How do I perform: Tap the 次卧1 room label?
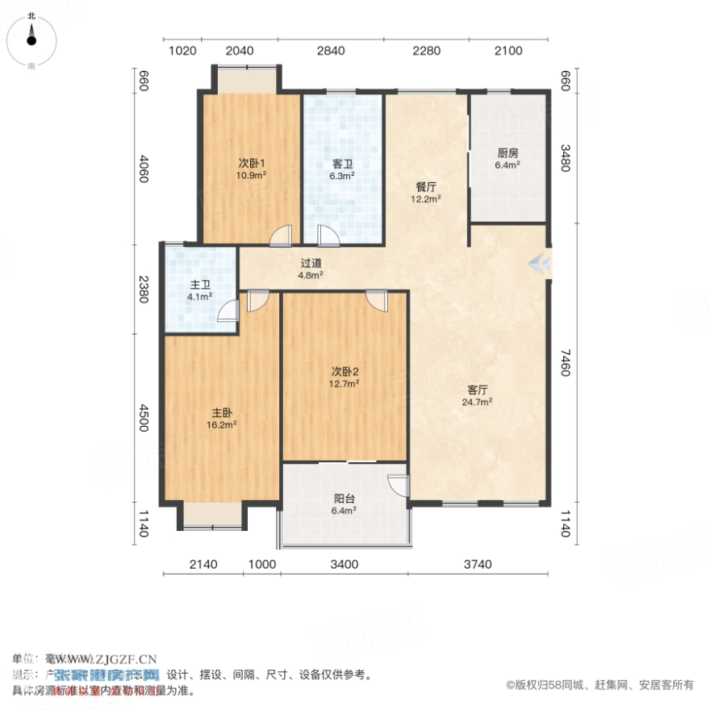pyautogui.click(x=251, y=162)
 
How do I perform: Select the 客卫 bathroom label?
pyautogui.click(x=343, y=164)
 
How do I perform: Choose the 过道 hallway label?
pyautogui.click(x=311, y=262)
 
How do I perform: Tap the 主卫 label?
pyautogui.click(x=201, y=285)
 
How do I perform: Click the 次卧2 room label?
pyautogui.click(x=345, y=371)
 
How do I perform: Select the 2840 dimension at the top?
pyautogui.click(x=331, y=51)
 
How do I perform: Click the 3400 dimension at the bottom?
pyautogui.click(x=345, y=564)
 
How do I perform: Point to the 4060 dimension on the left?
pyautogui.click(x=144, y=168)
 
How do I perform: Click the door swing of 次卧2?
pyautogui.click(x=375, y=299)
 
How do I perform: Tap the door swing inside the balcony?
pyautogui.click(x=397, y=484)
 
